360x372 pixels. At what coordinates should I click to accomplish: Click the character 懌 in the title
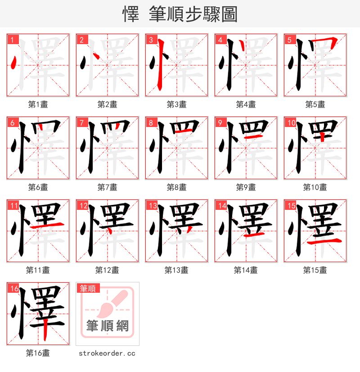click(x=130, y=14)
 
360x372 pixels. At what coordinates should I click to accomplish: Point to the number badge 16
click(x=14, y=288)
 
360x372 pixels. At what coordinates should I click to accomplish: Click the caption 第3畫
click(x=176, y=104)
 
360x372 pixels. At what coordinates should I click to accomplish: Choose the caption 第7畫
click(x=107, y=187)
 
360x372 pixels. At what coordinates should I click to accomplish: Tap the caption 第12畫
click(x=107, y=270)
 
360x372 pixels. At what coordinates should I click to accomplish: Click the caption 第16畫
click(x=38, y=353)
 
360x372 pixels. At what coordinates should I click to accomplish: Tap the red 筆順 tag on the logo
click(x=88, y=288)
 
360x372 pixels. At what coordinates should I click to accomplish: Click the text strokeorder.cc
click(x=107, y=354)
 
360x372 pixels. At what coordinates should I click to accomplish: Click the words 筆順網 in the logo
click(x=108, y=326)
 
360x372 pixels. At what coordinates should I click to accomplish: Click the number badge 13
click(x=153, y=205)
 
